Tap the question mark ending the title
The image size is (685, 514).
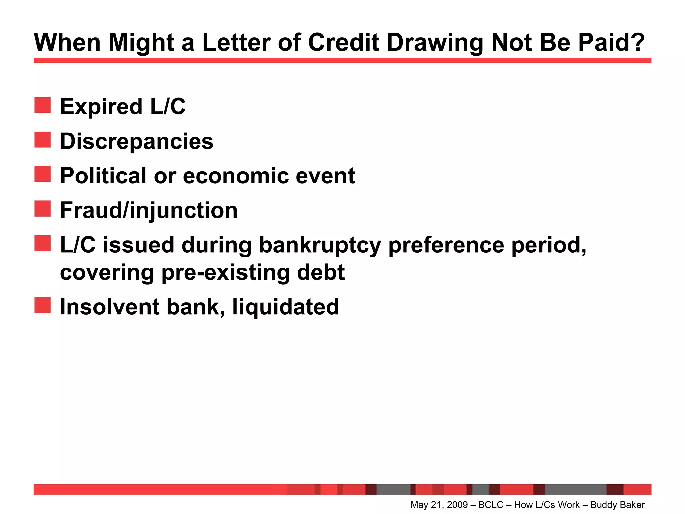coord(637,43)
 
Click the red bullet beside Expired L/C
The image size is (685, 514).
coord(42,105)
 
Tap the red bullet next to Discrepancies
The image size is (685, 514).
coord(42,140)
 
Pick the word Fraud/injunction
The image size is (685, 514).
coord(149,210)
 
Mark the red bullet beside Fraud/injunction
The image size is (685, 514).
coord(42,208)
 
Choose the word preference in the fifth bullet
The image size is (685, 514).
coord(446,245)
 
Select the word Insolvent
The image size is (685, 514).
coord(109,307)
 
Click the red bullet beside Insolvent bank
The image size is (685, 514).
coord(42,305)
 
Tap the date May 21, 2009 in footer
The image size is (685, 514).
coord(439,505)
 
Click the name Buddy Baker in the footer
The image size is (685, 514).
coord(617,505)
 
